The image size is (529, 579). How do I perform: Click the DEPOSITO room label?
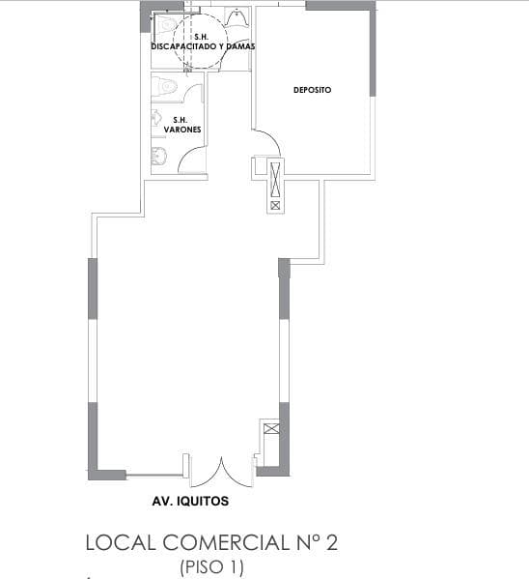312,90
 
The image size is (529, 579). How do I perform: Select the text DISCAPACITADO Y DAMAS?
203,45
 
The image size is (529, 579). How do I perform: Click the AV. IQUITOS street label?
190,503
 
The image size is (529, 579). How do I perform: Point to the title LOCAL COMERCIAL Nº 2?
211,543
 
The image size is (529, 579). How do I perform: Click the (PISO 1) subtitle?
211,567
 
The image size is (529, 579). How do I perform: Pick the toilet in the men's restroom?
167,89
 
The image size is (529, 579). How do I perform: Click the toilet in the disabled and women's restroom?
166,24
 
